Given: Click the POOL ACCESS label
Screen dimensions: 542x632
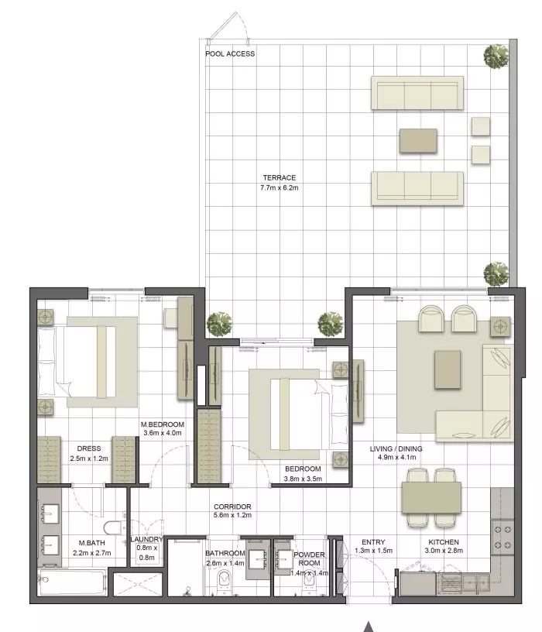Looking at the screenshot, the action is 230,53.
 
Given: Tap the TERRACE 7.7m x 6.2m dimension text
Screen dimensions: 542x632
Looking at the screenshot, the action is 280,187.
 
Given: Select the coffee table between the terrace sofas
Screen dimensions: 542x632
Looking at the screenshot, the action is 418,141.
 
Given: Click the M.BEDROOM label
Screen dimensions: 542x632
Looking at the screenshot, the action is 163,424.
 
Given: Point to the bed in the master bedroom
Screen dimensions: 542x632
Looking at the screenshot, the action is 77,362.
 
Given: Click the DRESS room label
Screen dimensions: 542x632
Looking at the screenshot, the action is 88,448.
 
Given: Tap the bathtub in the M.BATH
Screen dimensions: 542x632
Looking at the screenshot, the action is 72,582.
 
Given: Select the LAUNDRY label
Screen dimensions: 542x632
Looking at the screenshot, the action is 146,539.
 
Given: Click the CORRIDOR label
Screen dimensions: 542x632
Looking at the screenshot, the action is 232,507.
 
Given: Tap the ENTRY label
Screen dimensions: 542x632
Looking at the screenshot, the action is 373,541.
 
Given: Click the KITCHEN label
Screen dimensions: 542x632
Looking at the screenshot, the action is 444,541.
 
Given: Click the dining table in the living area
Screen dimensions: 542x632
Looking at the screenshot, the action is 431,498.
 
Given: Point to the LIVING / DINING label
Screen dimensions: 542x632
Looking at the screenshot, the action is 396,448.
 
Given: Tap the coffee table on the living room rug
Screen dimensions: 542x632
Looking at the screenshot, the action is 448,369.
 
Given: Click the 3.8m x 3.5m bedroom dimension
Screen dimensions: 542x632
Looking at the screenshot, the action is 303,479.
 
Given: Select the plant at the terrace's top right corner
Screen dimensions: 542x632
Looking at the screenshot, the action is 496,56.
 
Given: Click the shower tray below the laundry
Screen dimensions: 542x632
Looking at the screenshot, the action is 137,584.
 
